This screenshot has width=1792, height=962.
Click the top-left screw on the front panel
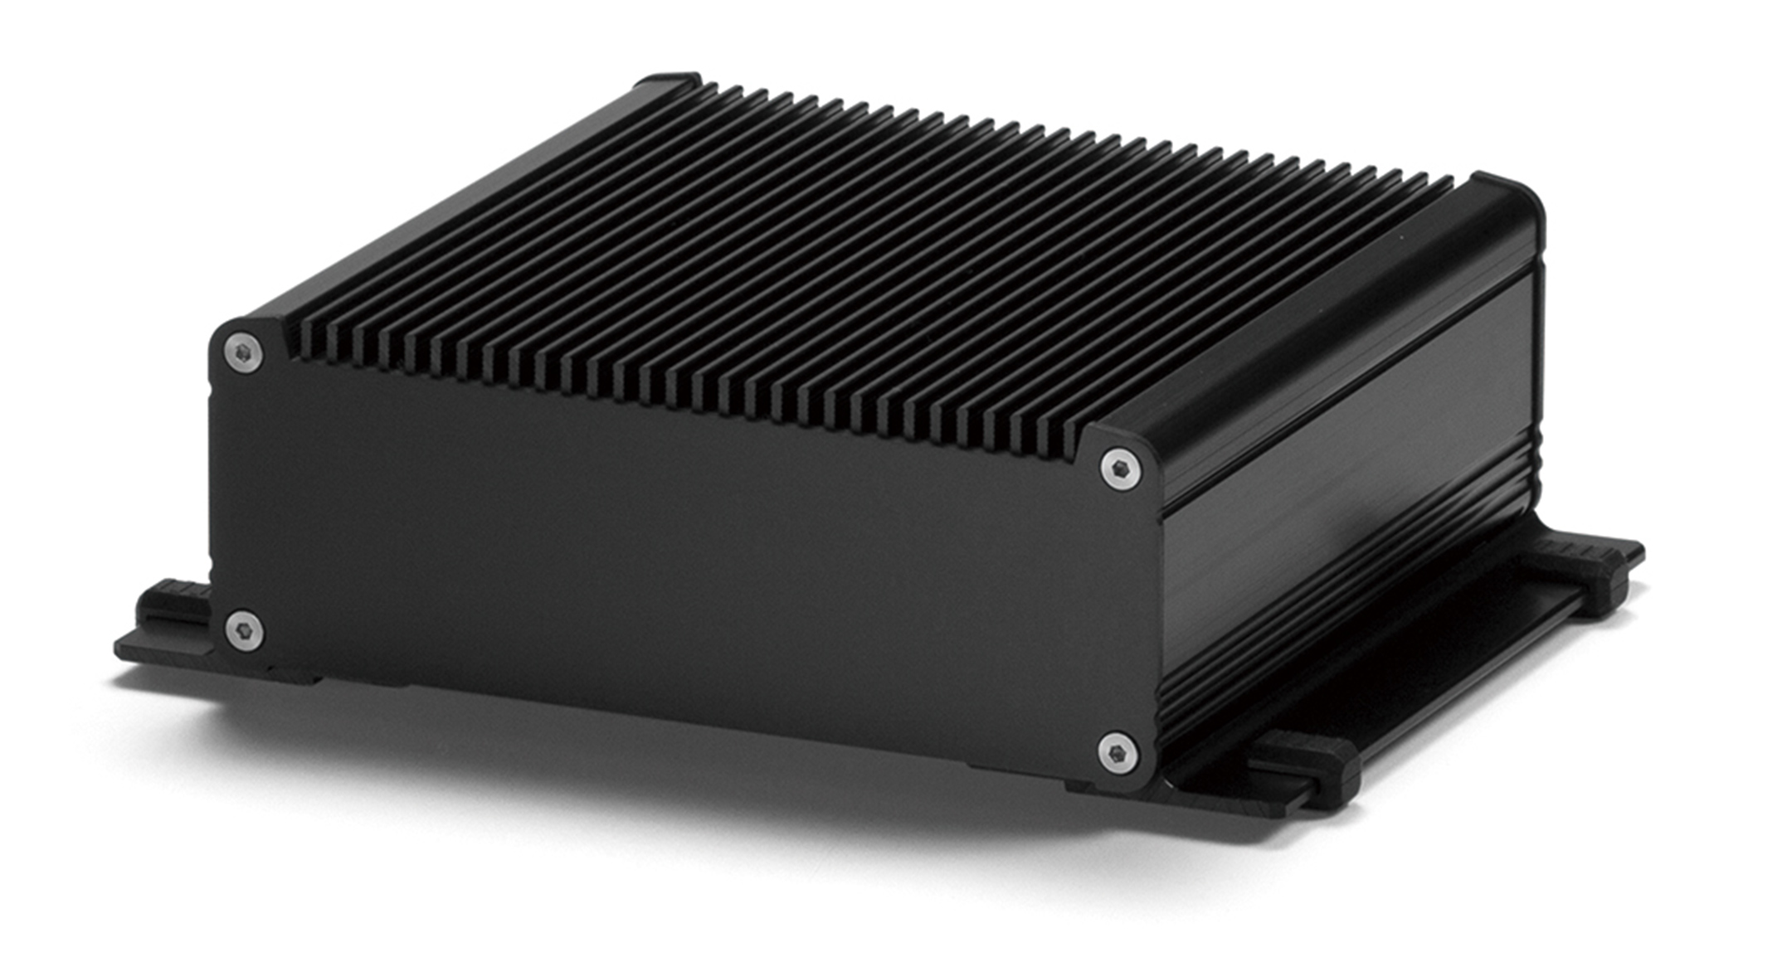coord(244,354)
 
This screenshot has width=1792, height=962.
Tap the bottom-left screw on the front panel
coord(245,630)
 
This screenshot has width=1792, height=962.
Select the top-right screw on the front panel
coord(1120,469)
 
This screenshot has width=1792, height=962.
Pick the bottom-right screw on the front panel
coord(1118,754)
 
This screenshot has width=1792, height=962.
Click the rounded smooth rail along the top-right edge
coord(1327,332)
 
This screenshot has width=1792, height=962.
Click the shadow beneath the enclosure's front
coord(664,780)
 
